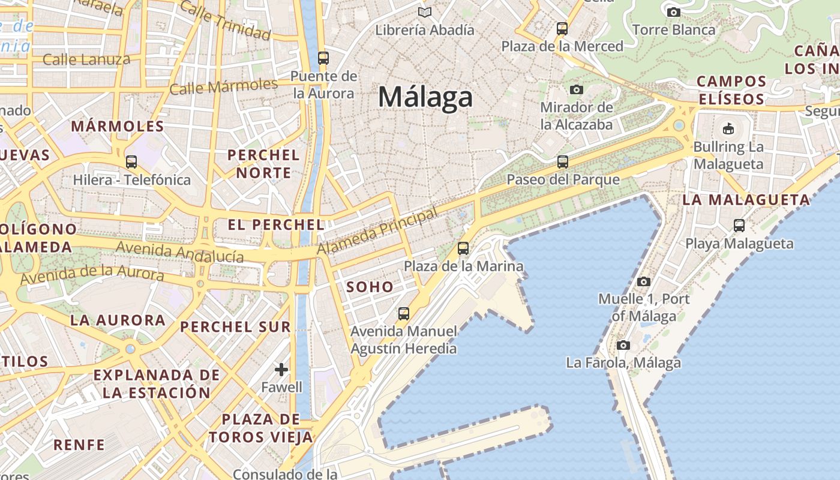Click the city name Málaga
click(425, 97)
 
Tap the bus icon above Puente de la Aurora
click(323, 58)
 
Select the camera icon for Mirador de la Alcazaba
click(577, 90)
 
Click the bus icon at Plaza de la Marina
click(463, 248)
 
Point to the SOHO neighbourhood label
click(370, 287)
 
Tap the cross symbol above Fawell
click(281, 370)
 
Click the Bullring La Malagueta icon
click(728, 128)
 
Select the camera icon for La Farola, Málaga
click(623, 345)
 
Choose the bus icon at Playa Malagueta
click(739, 226)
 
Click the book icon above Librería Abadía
click(425, 12)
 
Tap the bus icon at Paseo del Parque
click(563, 161)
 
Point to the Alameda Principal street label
click(378, 231)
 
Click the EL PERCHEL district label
click(276, 225)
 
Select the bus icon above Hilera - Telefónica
click(131, 161)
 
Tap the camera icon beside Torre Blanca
click(674, 12)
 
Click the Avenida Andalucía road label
click(180, 252)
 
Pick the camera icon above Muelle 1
click(644, 281)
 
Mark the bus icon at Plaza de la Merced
click(562, 28)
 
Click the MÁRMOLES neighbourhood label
click(118, 127)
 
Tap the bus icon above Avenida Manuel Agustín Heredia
click(404, 313)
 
